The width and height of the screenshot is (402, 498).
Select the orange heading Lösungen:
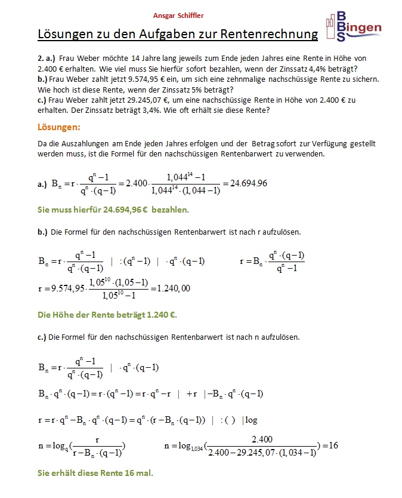pyautogui.click(x=58, y=128)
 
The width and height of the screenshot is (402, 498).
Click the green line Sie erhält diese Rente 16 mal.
pyautogui.click(x=95, y=473)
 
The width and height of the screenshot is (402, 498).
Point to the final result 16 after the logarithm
pyautogui.click(x=333, y=445)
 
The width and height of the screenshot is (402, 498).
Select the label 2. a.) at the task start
pyautogui.click(x=48, y=59)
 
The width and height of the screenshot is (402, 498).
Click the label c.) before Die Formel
pyautogui.click(x=42, y=337)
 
